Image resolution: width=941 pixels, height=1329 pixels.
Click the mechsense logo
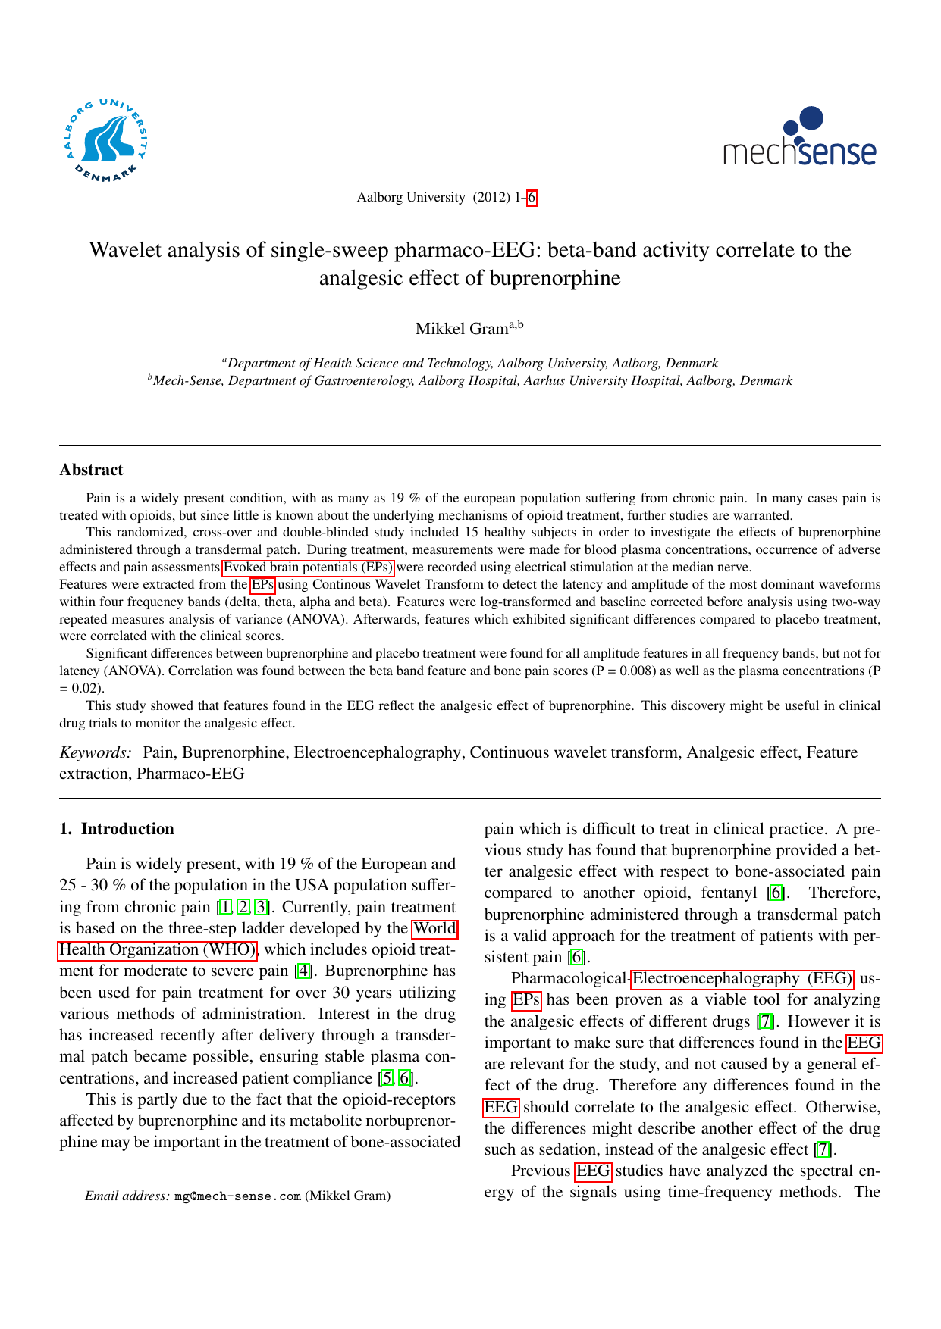(x=800, y=138)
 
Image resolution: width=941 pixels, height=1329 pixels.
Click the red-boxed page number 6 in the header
(x=532, y=198)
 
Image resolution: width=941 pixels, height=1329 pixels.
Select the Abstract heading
(x=91, y=470)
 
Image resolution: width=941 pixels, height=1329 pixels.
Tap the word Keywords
(x=95, y=752)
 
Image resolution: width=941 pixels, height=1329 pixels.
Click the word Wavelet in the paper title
(x=126, y=250)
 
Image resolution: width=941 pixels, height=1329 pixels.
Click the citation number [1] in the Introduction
(x=224, y=907)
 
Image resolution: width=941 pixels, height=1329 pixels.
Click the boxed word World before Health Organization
(x=434, y=928)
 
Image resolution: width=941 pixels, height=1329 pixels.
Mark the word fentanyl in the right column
(x=731, y=893)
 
